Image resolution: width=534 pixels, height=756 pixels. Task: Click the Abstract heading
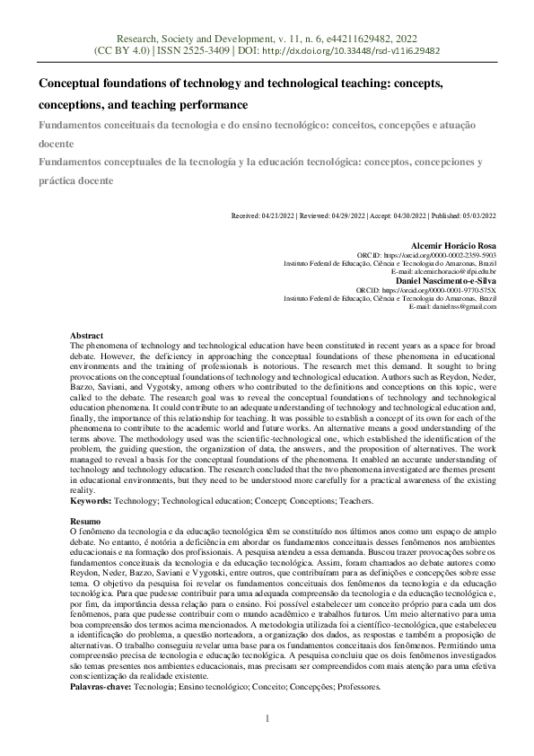click(87, 335)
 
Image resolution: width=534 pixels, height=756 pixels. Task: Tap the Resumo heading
click(86, 521)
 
